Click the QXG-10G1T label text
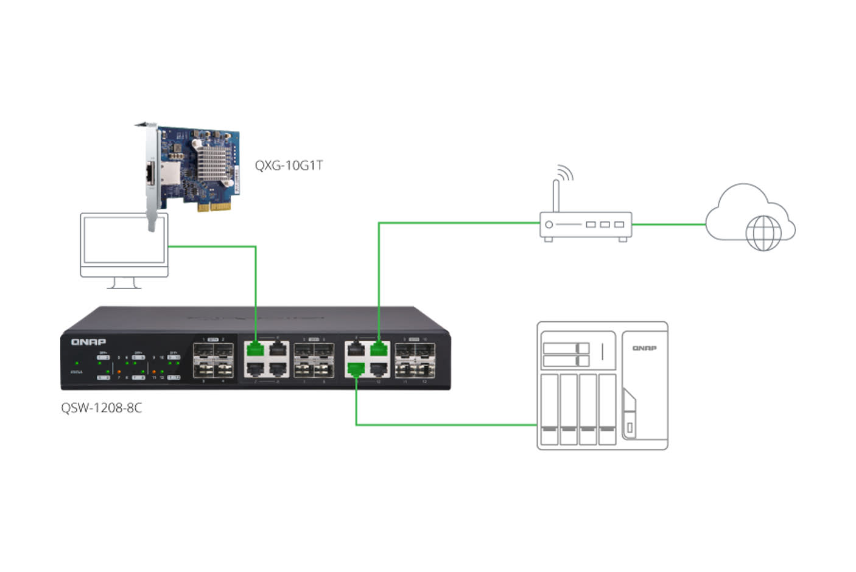coord(289,166)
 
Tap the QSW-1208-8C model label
coord(101,408)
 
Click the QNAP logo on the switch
coord(88,342)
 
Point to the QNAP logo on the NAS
coord(644,348)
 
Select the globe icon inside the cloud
coord(763,232)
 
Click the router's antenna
coord(555,195)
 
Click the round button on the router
coord(549,225)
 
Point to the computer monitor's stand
coord(124,283)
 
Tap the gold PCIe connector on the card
coord(214,207)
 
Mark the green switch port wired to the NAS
coord(356,369)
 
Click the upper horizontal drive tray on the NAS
coord(566,348)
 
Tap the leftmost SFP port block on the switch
coord(213,360)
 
